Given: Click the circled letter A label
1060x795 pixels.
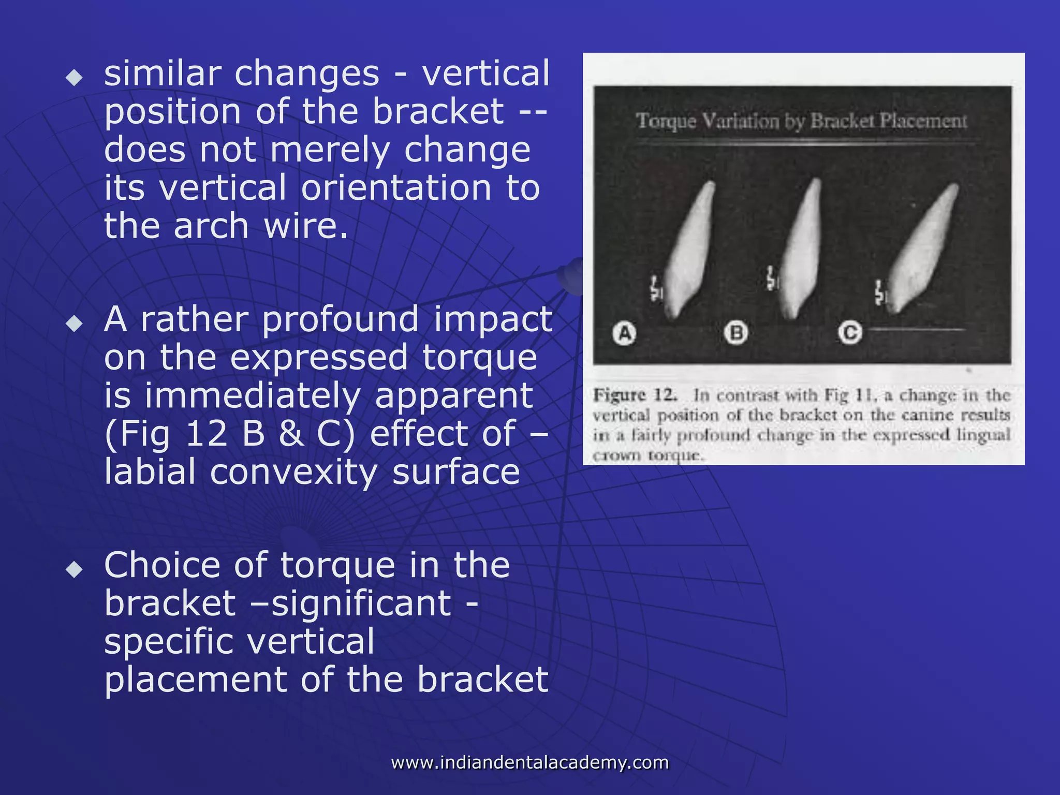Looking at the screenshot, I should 624,333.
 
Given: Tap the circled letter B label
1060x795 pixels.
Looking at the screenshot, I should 736,333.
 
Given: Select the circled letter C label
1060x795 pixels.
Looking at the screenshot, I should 850,333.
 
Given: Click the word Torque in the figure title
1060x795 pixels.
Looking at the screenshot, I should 666,121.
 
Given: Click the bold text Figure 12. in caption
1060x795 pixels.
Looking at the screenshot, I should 635,395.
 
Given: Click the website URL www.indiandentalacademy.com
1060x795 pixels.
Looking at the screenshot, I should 529,762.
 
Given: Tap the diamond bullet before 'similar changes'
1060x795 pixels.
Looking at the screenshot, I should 75,78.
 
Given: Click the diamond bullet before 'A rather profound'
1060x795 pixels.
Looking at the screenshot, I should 75,323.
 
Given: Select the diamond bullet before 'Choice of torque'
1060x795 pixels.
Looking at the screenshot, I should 75,569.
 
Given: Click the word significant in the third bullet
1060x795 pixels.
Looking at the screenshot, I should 361,603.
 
